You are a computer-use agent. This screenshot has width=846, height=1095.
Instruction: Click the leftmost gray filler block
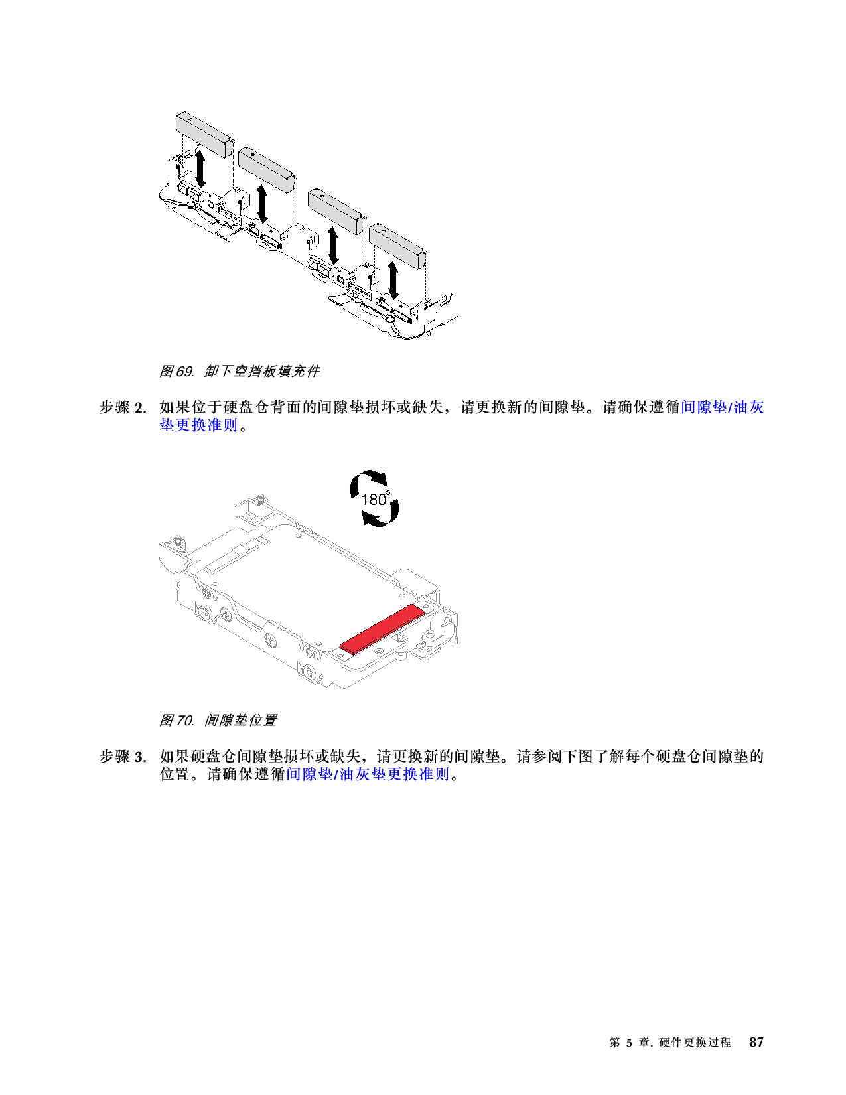(203, 131)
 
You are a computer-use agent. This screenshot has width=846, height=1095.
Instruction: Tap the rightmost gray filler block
(397, 246)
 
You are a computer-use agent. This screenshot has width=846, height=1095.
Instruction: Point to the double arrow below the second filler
(263, 204)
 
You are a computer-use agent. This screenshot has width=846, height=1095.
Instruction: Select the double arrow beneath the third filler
(333, 246)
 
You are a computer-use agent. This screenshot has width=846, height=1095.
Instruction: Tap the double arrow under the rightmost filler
(394, 281)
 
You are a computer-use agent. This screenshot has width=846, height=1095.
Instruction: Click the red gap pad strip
(382, 628)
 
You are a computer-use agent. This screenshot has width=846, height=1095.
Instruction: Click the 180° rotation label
(375, 499)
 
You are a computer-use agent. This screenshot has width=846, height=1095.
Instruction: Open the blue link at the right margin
(723, 407)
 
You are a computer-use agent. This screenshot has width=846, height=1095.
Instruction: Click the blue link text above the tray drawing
(198, 425)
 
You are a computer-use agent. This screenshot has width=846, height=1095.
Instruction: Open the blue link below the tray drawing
(368, 774)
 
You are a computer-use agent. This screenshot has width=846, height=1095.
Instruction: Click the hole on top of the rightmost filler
(383, 230)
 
